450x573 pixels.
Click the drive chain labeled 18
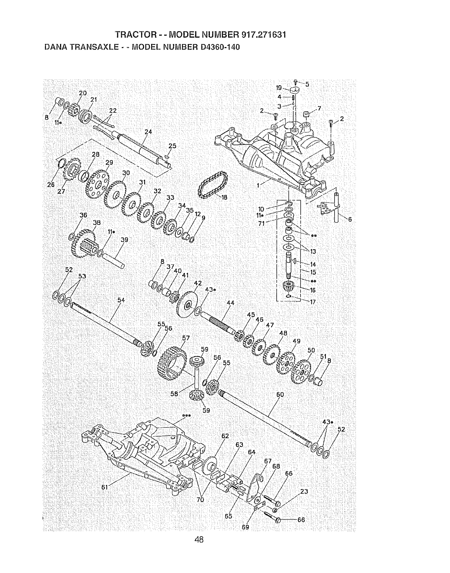pos(213,186)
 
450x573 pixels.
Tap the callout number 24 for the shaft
pos(148,132)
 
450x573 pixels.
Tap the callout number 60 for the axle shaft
pos(280,395)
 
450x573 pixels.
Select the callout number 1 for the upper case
pos(258,186)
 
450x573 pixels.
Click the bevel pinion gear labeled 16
pos(289,288)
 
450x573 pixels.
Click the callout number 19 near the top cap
pos(279,88)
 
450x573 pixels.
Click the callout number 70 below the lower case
pos(200,500)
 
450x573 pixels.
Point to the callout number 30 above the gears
pos(126,173)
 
